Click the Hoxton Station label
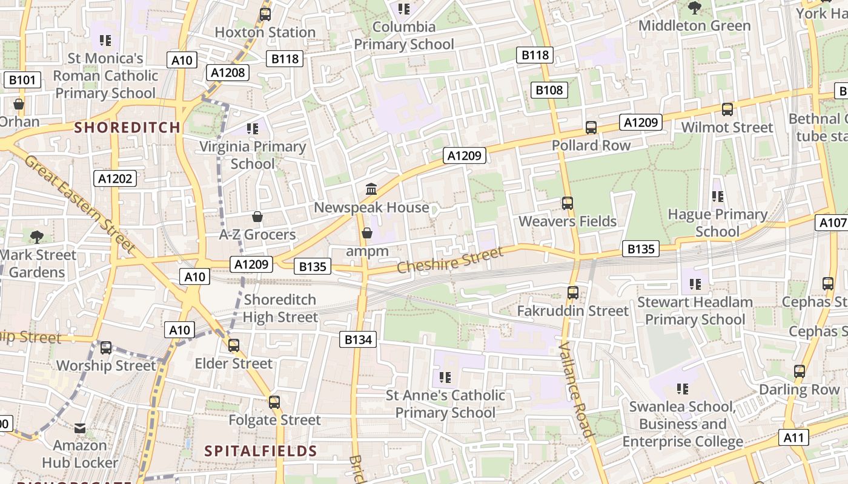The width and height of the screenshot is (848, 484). click(265, 32)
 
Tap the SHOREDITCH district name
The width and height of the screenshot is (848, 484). click(127, 127)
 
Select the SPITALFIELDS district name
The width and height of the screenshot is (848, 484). click(260, 451)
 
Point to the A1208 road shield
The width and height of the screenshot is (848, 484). click(228, 73)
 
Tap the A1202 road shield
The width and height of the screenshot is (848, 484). click(115, 178)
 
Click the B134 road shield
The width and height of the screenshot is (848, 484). click(358, 339)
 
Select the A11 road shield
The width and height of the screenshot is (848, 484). click(794, 437)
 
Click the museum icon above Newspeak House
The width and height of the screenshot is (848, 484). click(371, 189)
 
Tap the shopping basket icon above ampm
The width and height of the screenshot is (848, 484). click(366, 233)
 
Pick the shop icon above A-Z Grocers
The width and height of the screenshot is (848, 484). click(257, 217)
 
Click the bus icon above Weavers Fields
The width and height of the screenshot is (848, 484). click(568, 203)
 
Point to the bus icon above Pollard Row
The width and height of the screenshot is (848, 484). click(591, 128)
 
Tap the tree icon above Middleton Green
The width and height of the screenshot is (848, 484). click(694, 8)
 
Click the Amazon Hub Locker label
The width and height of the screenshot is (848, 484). click(80, 454)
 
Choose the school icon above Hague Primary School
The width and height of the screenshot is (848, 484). click(718, 197)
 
